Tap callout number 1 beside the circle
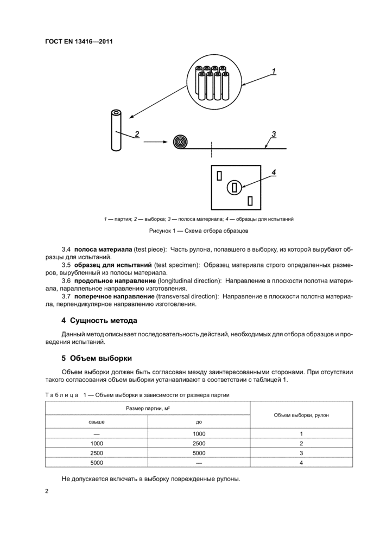[274, 71]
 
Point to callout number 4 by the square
[274, 172]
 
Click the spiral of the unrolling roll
[180, 142]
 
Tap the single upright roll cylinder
[116, 130]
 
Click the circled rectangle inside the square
[235, 188]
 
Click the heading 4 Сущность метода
[99, 320]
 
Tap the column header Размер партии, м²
[147, 408]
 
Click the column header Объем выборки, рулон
[301, 415]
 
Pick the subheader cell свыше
[97, 422]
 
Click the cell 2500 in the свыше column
[97, 452]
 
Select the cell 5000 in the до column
[199, 452]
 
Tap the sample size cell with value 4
[301, 462]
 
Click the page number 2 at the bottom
[47, 491]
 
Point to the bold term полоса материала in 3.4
[103, 249]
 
